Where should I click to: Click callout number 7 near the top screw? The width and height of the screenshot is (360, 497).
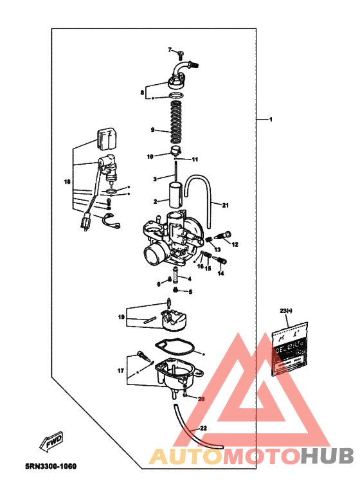point(171,50)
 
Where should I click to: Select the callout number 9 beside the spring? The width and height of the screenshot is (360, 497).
point(152,130)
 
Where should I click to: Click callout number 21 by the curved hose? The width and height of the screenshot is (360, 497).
point(225,205)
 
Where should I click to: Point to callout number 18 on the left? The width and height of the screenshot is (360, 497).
point(67,182)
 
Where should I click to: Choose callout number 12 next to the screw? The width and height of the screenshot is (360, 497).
point(235,244)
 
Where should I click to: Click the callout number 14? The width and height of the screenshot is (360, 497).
point(221,273)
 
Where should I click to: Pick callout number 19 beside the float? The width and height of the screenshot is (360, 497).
point(121,317)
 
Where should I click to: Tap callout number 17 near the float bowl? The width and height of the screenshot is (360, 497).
point(120,371)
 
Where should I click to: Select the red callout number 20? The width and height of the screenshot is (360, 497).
point(201,399)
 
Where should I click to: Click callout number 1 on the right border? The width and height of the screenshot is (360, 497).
point(271,120)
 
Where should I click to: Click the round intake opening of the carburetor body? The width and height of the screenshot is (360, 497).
point(153,253)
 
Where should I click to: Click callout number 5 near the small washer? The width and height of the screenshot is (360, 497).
point(190,291)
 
